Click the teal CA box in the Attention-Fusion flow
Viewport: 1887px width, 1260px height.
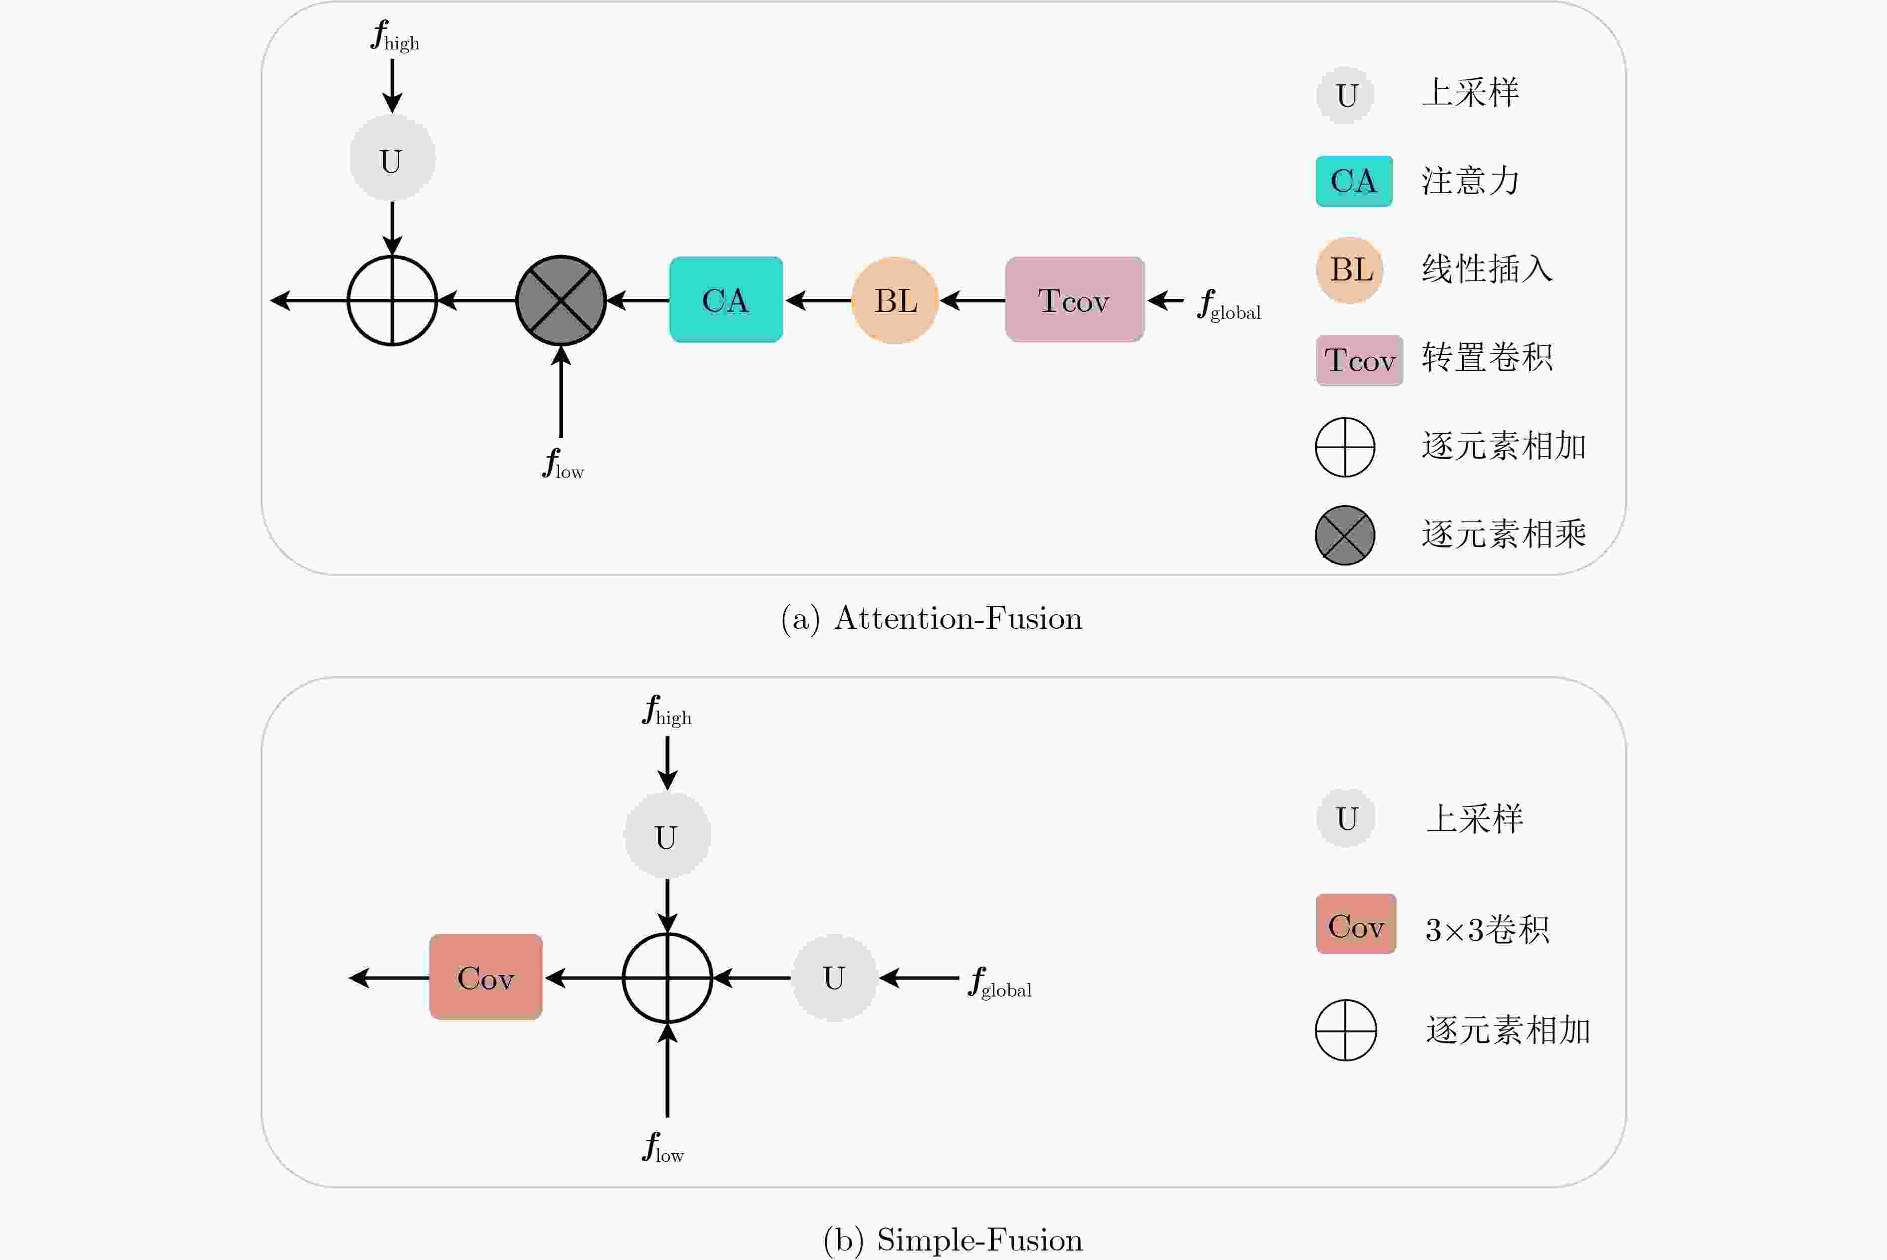pyautogui.click(x=726, y=300)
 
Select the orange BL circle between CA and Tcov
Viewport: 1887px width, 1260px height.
pyautogui.click(x=895, y=300)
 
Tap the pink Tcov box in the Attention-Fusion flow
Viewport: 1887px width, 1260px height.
pyautogui.click(x=1074, y=300)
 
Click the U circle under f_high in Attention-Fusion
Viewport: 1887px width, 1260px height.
pyautogui.click(x=392, y=158)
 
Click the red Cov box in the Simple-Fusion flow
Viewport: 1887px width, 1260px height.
pyautogui.click(x=485, y=977)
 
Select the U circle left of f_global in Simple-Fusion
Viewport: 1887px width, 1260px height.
pyautogui.click(x=834, y=978)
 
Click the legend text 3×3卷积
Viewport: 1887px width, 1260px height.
pyautogui.click(x=1487, y=930)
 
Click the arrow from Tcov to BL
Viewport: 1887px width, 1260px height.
pyautogui.click(x=972, y=300)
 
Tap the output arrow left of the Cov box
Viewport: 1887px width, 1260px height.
pyautogui.click(x=389, y=978)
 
